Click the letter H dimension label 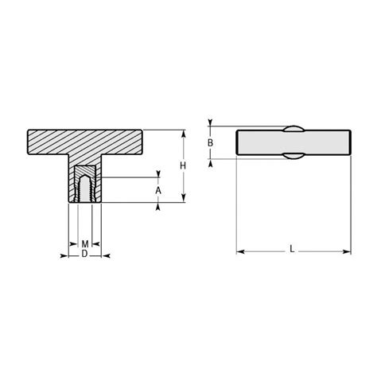(182, 165)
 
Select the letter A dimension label (158, 191)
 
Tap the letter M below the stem (84, 243)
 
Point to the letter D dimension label (84, 254)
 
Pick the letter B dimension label (210, 143)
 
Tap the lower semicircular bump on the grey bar (293, 158)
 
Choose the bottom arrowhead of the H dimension (185, 200)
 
